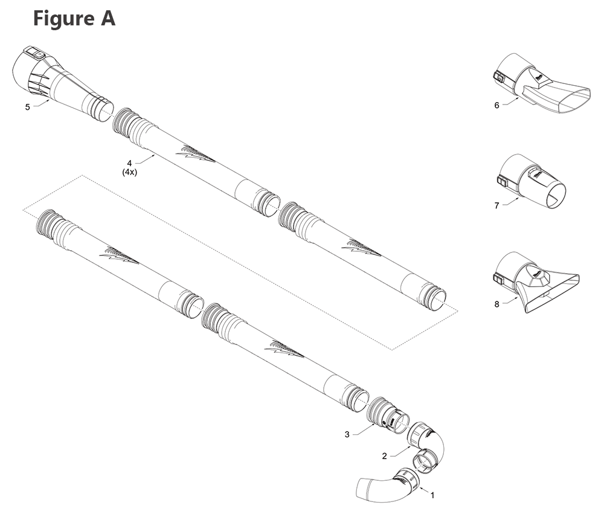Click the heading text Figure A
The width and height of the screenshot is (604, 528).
pyautogui.click(x=74, y=19)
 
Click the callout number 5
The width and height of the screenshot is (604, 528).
pyautogui.click(x=27, y=107)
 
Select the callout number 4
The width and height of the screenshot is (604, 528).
pyautogui.click(x=129, y=163)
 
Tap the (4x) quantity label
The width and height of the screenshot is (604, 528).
pyautogui.click(x=129, y=172)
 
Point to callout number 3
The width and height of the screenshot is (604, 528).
pyautogui.click(x=347, y=434)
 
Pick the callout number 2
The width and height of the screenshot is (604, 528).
pyautogui.click(x=384, y=456)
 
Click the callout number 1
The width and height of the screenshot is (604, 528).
pyautogui.click(x=432, y=495)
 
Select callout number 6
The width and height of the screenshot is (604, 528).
pyautogui.click(x=496, y=105)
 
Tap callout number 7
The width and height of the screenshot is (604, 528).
pyautogui.click(x=496, y=205)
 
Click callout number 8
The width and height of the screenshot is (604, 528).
pyautogui.click(x=496, y=304)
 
